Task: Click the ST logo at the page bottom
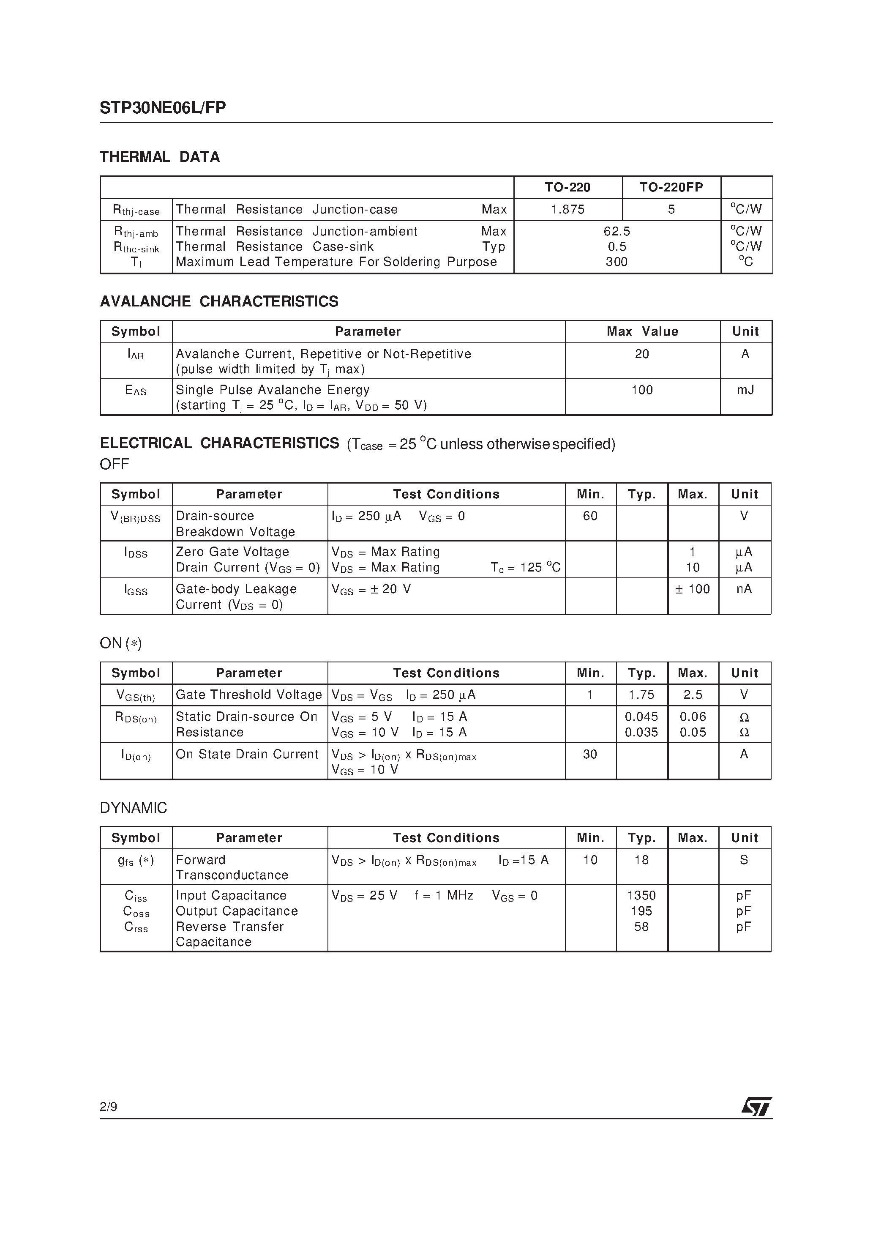(x=757, y=1107)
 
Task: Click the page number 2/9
(x=108, y=1107)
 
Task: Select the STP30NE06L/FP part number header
(x=163, y=108)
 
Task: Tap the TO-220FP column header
(x=671, y=187)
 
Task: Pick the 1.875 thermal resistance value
(x=567, y=209)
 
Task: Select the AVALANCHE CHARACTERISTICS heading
(x=219, y=301)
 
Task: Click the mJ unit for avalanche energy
(x=745, y=390)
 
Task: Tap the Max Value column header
(x=642, y=331)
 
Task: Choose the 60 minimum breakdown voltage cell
(x=590, y=516)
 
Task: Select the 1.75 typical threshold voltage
(x=641, y=695)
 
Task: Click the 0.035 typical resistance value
(x=641, y=733)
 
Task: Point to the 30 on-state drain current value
(x=590, y=755)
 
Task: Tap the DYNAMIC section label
(x=134, y=808)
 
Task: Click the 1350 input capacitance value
(x=641, y=896)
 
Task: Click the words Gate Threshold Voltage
(x=248, y=695)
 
